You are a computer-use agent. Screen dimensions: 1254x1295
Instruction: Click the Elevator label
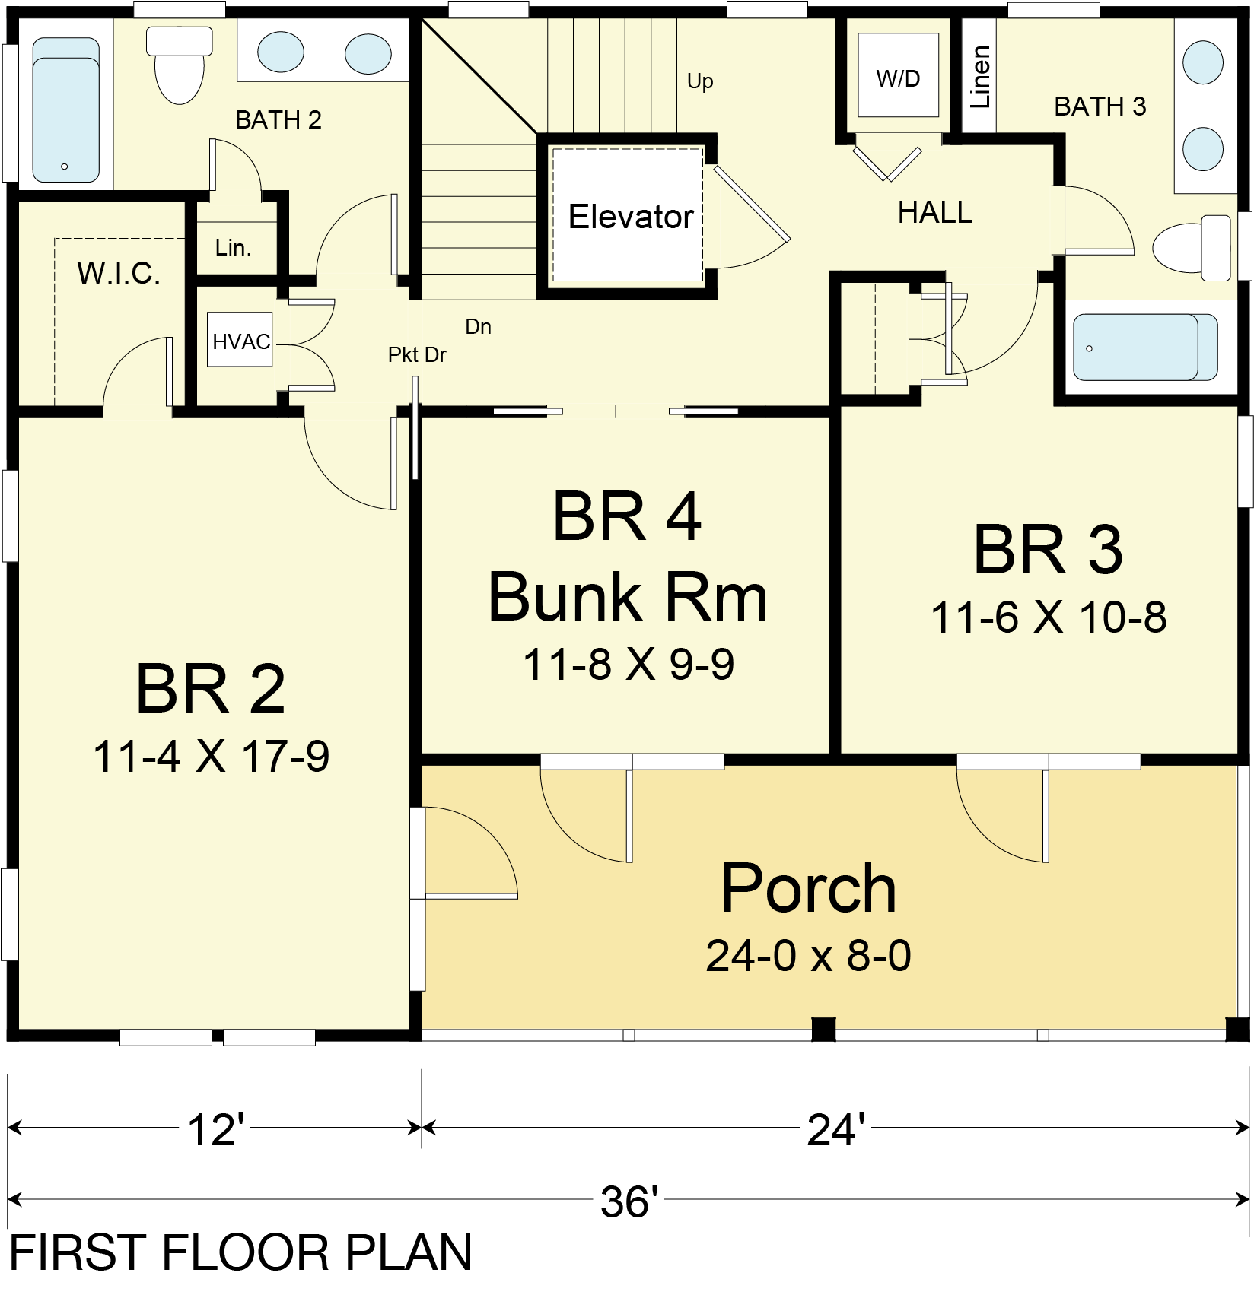631,217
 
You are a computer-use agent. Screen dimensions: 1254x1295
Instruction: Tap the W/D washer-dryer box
898,75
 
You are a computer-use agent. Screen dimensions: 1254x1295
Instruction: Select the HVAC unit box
240,340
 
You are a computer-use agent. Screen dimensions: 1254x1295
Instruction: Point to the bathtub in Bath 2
66,110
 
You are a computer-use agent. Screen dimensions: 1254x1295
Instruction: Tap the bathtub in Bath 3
1145,347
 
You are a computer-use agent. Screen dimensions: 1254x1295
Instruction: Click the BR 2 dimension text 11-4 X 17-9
211,757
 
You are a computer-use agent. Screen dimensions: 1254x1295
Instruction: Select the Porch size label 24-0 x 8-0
808,956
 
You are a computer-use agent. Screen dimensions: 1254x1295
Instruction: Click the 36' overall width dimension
629,1202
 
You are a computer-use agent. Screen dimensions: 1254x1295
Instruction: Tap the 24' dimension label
835,1129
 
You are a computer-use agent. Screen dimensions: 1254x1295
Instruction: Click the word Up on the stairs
700,81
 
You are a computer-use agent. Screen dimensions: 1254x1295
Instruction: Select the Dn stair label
478,327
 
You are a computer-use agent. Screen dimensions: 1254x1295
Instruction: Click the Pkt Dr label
417,355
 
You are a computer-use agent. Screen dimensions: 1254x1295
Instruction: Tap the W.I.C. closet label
119,273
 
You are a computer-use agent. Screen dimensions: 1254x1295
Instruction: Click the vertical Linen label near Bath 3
980,77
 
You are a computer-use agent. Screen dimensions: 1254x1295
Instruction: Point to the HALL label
935,213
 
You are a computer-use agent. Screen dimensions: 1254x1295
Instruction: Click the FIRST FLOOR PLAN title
240,1252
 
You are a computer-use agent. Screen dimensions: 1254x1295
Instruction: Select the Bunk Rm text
628,598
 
